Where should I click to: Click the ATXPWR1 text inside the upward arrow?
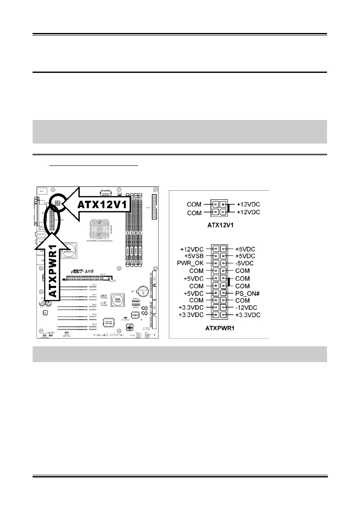(51, 271)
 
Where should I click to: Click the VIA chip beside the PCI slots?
(117, 299)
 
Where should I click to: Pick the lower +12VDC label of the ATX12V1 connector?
(249, 212)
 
